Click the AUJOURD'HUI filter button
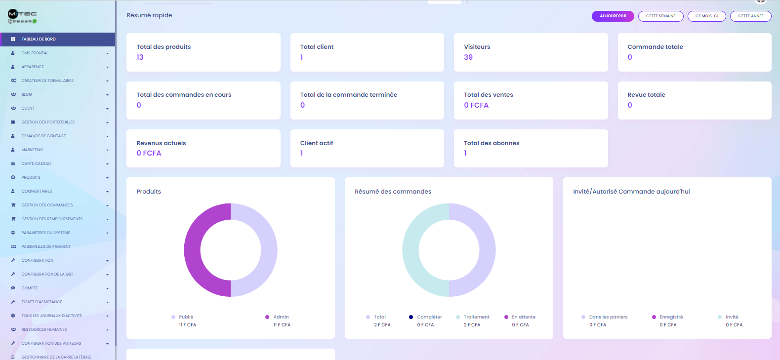tap(613, 16)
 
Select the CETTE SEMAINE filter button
tap(660, 16)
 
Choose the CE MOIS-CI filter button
tap(706, 16)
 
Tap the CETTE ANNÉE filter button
tap(750, 16)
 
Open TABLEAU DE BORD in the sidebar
tap(39, 39)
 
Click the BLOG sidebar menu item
tap(27, 94)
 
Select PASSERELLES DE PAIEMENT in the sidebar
tap(46, 246)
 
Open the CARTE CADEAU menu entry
tap(36, 163)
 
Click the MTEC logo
tap(22, 16)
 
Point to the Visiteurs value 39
tap(468, 57)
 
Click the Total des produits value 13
tap(140, 57)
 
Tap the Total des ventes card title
tap(488, 95)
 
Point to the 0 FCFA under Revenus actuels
tap(149, 153)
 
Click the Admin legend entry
tap(281, 317)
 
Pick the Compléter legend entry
tap(429, 317)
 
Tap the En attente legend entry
tap(523, 317)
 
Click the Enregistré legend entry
tap(671, 317)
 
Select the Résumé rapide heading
tap(149, 15)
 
